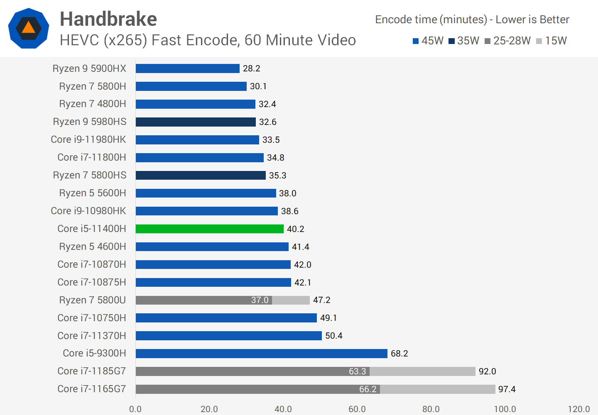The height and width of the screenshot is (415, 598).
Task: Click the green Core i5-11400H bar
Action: tap(209, 229)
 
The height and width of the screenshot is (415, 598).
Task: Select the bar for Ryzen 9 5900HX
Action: tap(187, 68)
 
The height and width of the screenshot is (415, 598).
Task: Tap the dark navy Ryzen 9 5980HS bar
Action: tap(195, 122)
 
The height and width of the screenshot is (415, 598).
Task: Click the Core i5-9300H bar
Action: tap(261, 354)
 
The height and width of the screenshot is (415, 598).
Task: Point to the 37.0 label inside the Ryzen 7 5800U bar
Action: tap(260, 300)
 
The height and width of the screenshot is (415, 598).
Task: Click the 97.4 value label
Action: tap(507, 389)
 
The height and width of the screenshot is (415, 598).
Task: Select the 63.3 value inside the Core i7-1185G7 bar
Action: tap(357, 371)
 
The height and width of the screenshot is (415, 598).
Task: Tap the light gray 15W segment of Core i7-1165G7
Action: tap(437, 389)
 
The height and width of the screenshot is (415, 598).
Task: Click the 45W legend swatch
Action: tap(415, 41)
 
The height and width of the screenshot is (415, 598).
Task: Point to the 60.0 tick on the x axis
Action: tap(357, 409)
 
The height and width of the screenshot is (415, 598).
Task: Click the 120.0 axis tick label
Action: tap(578, 409)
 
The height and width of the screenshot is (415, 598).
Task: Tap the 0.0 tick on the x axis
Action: tap(135, 409)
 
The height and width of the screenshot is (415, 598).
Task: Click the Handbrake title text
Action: tap(108, 19)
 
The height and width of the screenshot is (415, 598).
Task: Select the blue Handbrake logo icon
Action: tap(29, 28)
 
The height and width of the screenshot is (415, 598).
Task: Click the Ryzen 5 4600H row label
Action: tap(92, 247)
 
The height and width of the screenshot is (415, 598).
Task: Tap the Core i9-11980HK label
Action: tap(88, 139)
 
